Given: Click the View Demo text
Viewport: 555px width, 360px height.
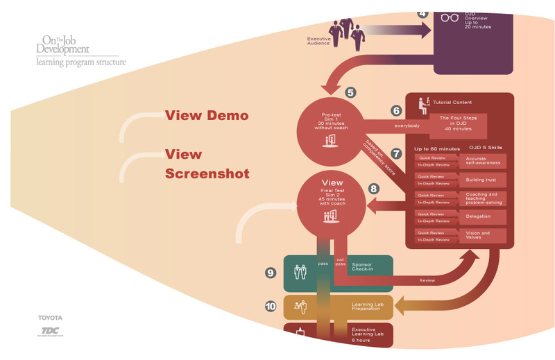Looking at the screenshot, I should coord(206,116).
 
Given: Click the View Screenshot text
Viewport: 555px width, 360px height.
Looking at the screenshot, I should coord(207,164).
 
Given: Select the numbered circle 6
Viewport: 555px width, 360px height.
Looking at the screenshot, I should coord(396,110).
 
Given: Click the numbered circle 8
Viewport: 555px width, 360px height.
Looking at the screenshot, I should coord(374,187).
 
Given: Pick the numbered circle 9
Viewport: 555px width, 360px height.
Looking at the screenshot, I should coord(271,273).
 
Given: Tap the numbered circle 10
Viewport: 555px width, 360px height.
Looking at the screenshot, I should coord(271,305).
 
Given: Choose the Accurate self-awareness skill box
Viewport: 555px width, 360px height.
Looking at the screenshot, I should coord(483,161).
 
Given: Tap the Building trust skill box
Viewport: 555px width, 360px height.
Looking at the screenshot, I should coord(483,180).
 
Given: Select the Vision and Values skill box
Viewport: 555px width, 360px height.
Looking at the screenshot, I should coord(483,237).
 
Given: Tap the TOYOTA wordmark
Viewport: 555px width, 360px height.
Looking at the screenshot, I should coord(50,317).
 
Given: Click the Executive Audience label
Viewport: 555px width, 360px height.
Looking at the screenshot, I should coord(318,40).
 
